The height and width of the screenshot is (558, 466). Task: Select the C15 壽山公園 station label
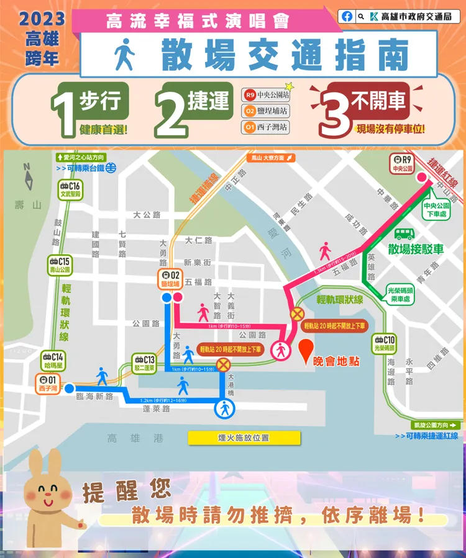click(x=61, y=266)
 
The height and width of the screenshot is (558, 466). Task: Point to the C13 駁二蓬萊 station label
click(x=145, y=363)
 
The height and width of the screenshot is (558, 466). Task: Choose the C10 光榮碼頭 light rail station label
click(x=385, y=343)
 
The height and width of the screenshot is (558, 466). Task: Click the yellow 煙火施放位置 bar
click(x=244, y=438)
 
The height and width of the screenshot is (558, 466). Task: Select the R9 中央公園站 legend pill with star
click(x=267, y=95)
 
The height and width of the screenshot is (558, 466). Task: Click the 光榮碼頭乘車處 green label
click(x=403, y=294)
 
